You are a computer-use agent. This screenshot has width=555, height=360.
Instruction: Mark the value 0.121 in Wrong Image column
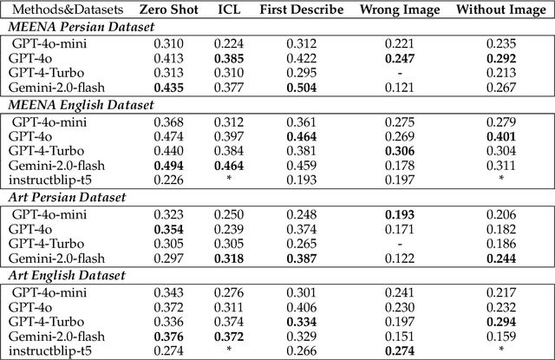click(400, 87)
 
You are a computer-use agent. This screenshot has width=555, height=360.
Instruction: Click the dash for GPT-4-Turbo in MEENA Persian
click(400, 72)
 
